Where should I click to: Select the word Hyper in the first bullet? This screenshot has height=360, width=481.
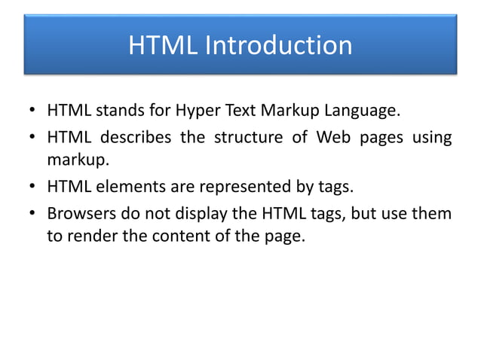click(195, 113)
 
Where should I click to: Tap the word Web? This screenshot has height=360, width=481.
click(332, 139)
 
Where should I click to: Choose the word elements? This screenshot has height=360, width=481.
click(124, 187)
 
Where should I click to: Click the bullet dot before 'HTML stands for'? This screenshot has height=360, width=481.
click(32, 114)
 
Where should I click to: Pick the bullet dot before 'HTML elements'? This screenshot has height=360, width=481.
click(32, 188)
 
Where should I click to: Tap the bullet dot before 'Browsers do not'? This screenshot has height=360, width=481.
click(32, 214)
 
